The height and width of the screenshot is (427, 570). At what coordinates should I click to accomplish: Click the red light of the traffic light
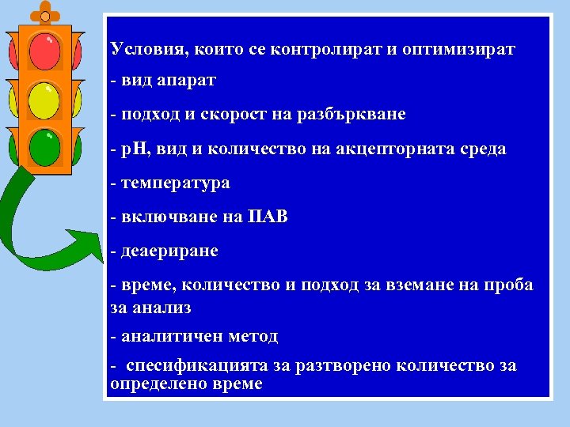click(x=45, y=51)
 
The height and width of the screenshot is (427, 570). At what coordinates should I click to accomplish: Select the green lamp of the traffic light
click(x=45, y=145)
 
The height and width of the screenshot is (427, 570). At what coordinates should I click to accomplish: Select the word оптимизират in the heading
click(x=458, y=49)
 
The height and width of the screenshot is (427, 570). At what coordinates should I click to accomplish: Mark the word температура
click(x=175, y=183)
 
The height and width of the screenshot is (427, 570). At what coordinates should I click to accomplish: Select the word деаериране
click(x=169, y=251)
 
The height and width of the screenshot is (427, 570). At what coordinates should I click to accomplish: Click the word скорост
click(x=242, y=114)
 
